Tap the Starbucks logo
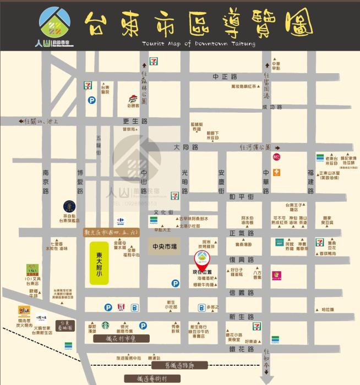[105, 326]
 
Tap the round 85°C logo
[276, 157]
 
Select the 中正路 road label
[225, 76]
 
